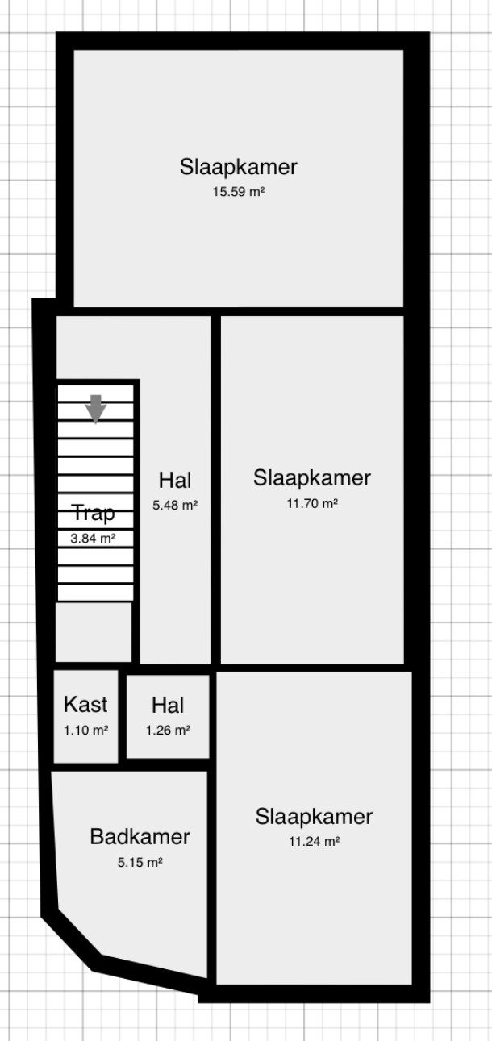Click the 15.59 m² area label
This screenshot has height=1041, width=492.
click(239, 191)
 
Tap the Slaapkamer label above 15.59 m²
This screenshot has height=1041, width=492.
click(239, 167)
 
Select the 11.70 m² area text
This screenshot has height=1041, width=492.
click(312, 503)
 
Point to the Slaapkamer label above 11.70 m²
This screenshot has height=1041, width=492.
click(312, 477)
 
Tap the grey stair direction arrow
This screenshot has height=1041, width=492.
click(96, 409)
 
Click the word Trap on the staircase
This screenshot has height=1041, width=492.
click(94, 514)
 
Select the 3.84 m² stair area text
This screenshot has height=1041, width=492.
click(93, 538)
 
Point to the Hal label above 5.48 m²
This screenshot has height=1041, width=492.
click(175, 480)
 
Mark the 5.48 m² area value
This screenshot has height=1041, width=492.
click(175, 505)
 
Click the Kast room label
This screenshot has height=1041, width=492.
click(85, 704)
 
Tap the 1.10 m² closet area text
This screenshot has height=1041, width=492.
click(86, 730)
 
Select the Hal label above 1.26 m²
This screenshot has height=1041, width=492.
click(168, 705)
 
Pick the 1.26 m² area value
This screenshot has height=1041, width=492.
click(168, 730)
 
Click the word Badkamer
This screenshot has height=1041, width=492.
click(140, 837)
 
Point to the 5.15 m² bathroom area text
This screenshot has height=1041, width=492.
click(140, 863)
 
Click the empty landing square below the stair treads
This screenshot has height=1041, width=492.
click(94, 631)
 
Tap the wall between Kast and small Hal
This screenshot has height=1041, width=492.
click(123, 716)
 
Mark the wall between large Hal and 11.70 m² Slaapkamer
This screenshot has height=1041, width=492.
click(216, 489)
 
